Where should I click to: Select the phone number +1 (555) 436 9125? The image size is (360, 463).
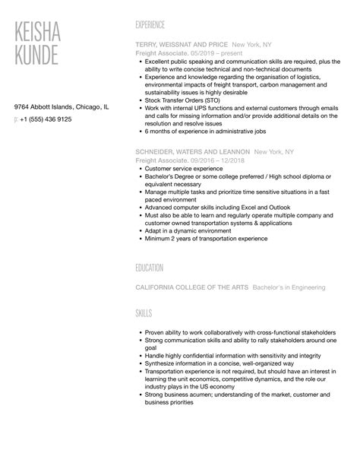click(46, 119)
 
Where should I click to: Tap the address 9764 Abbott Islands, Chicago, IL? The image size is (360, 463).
click(62, 107)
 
